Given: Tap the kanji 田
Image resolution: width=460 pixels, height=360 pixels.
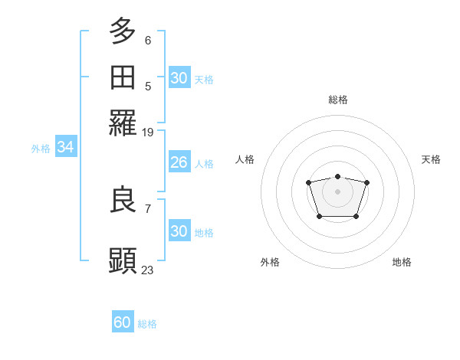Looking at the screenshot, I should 123,77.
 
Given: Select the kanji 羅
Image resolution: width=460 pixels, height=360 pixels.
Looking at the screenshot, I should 123,123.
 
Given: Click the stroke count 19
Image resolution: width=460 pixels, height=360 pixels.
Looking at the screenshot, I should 148,133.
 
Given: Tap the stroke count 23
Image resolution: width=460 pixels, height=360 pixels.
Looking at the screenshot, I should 148,270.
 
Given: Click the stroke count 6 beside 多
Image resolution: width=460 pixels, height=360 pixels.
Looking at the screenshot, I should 148,40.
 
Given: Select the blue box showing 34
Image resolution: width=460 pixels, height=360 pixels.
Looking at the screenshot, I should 65,148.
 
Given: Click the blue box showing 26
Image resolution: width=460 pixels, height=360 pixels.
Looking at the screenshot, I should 179,162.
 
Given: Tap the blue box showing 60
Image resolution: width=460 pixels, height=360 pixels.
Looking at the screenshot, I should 123,322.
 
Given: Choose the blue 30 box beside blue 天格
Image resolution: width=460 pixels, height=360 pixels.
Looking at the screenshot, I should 179,78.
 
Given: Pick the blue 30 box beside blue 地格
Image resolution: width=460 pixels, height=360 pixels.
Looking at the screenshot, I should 179,231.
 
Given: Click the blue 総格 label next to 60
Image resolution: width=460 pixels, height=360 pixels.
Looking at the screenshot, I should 148,324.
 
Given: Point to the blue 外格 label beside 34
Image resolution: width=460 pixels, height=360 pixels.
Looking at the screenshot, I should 41,149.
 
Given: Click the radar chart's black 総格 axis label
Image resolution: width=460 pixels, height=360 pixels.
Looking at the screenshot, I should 337,100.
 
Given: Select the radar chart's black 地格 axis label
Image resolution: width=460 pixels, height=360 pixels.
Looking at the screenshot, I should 402,262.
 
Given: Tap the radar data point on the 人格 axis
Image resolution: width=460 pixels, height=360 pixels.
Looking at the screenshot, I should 308,182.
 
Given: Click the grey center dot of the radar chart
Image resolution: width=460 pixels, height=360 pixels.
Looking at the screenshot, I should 337,191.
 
